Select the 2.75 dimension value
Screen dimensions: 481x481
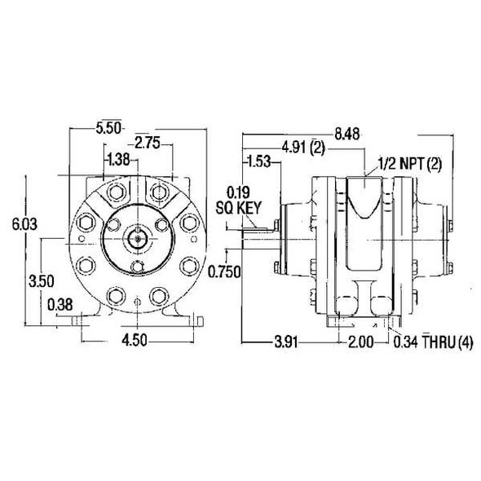(x=147, y=143)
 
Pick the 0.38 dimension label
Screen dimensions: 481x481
(x=59, y=305)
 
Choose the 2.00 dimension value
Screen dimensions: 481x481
(x=359, y=342)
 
